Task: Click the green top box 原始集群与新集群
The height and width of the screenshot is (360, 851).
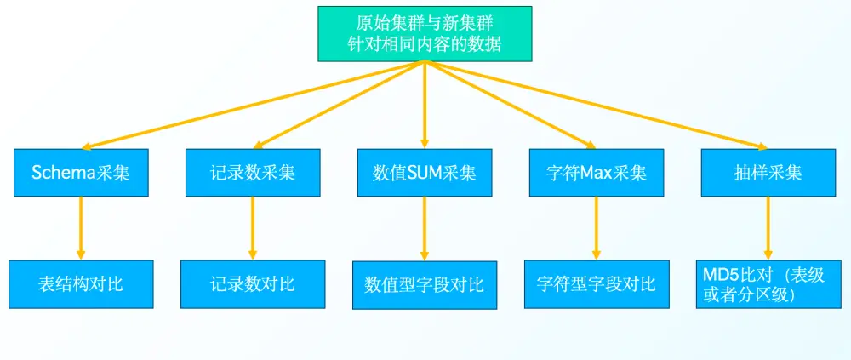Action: [x=425, y=34]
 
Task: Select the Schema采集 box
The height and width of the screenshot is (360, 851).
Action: [x=81, y=172]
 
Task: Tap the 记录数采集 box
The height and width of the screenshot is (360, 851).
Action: [x=253, y=172]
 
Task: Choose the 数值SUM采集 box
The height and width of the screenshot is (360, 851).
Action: [x=425, y=172]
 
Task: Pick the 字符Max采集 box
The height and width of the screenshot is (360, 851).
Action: [x=597, y=172]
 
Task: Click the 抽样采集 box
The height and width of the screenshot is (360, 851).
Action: [x=768, y=172]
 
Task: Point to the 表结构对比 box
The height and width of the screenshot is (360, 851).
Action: [x=81, y=284]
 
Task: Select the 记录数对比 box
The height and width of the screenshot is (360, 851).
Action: [x=253, y=284]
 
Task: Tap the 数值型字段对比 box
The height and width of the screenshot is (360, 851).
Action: [x=425, y=285]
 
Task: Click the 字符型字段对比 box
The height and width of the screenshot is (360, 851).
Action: [x=597, y=284]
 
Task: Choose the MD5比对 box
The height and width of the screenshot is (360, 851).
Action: [x=768, y=284]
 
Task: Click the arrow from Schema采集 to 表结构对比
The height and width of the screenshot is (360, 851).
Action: [x=81, y=228]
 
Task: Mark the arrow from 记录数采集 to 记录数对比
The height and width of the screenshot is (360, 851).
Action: [x=253, y=228]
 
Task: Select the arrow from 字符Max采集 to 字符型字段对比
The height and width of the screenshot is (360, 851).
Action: [x=597, y=228]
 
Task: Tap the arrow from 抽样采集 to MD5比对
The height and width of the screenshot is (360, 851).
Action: [x=768, y=228]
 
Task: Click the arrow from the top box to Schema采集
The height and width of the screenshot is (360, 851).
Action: [x=253, y=105]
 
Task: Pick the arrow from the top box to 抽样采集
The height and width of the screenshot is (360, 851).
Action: [x=596, y=105]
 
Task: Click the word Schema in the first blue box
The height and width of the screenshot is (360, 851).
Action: [x=62, y=173]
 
